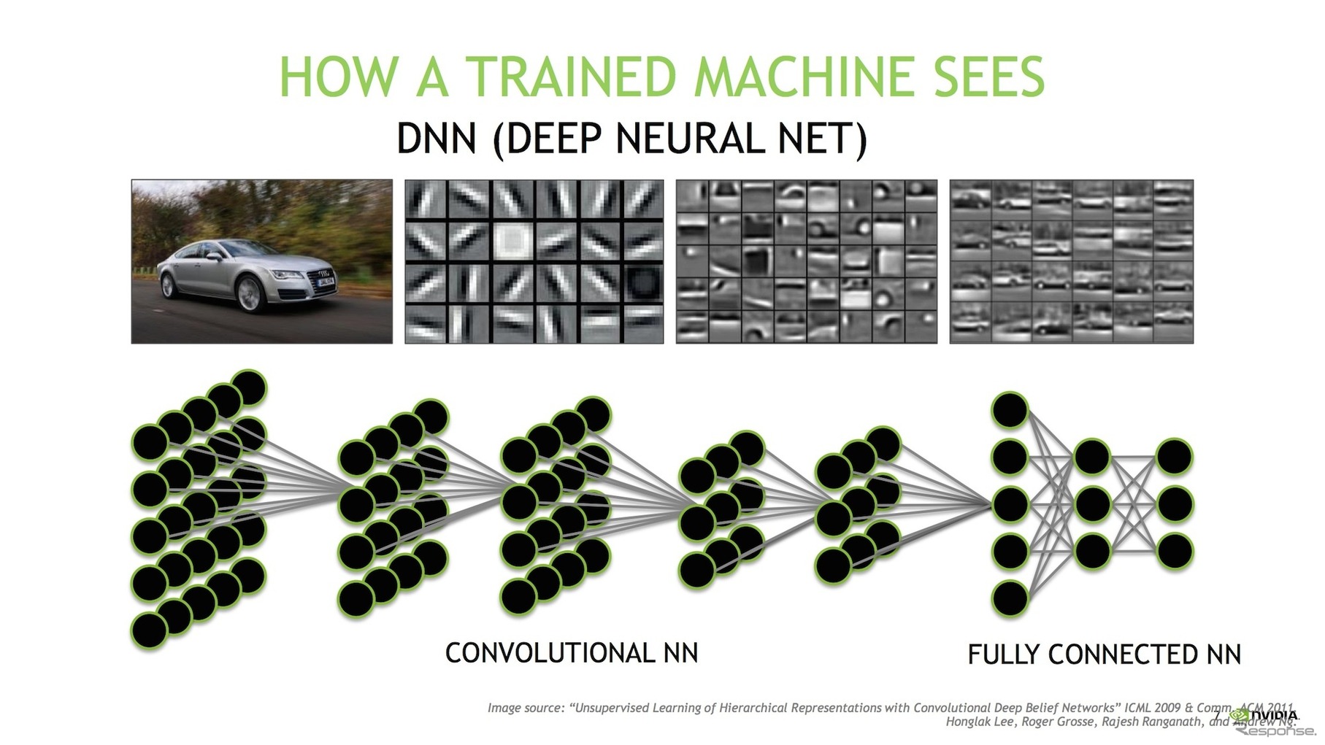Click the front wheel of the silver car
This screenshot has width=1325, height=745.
tap(250, 295)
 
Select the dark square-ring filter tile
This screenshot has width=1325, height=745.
tap(643, 282)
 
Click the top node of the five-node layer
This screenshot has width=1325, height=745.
tap(1010, 410)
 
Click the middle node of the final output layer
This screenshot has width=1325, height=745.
tap(1174, 504)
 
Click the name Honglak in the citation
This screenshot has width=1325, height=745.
tap(965, 722)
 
